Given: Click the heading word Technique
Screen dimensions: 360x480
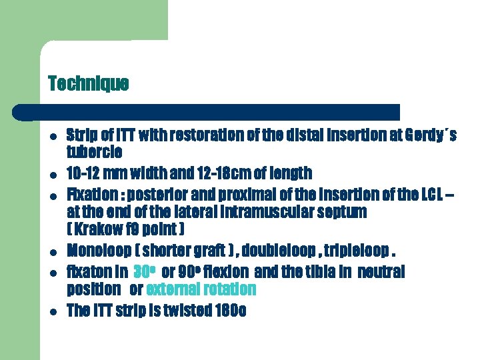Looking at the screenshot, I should (x=88, y=83).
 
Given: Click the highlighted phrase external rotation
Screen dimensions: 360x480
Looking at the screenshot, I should (x=201, y=289).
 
